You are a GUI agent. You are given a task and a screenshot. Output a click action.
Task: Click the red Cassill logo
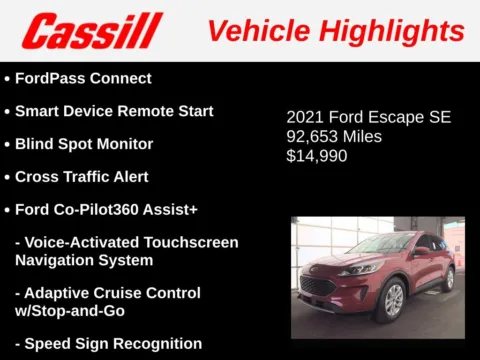coord(92,31)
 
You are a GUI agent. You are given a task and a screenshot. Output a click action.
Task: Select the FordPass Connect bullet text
coord(83,78)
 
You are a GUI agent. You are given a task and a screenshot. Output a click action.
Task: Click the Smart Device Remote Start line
coord(114,111)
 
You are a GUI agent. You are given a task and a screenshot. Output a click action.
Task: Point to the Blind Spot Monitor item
coord(84,144)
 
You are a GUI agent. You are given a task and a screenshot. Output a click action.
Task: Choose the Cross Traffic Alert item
coord(82,177)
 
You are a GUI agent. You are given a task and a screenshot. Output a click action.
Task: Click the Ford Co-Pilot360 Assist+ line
coord(106,210)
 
